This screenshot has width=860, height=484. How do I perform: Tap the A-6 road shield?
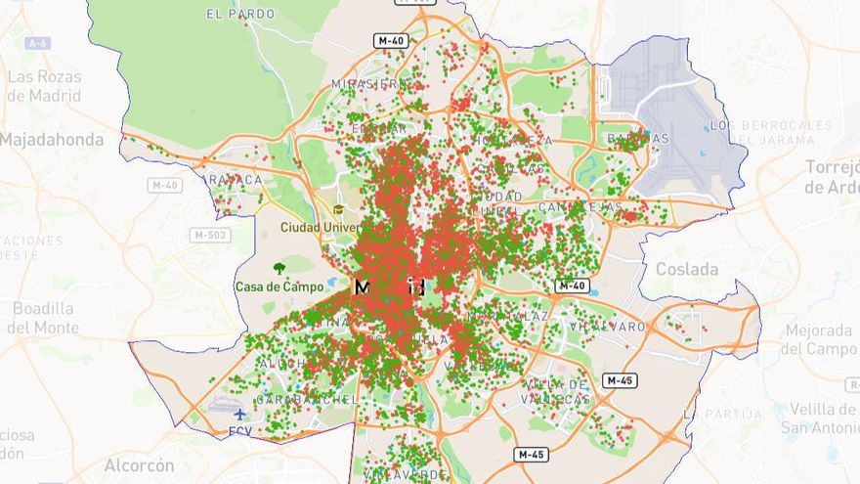click(x=38, y=43)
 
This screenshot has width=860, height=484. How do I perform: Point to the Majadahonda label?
click(x=51, y=140)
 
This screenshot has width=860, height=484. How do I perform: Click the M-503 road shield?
click(x=210, y=235)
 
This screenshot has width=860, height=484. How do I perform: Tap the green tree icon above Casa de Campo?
click(x=279, y=268)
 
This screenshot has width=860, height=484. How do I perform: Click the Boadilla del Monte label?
click(x=44, y=318)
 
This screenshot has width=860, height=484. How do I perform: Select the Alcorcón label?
click(x=139, y=465)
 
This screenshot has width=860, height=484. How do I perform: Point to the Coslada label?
click(x=686, y=269)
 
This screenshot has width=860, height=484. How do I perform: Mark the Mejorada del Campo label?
click(x=819, y=339)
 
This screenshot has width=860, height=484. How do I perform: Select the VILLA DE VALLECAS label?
click(x=557, y=392)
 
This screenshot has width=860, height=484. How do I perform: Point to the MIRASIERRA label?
click(x=367, y=84)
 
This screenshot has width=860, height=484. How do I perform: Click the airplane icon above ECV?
click(x=240, y=414)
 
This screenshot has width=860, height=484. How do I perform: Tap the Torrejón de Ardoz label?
click(x=833, y=176)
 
